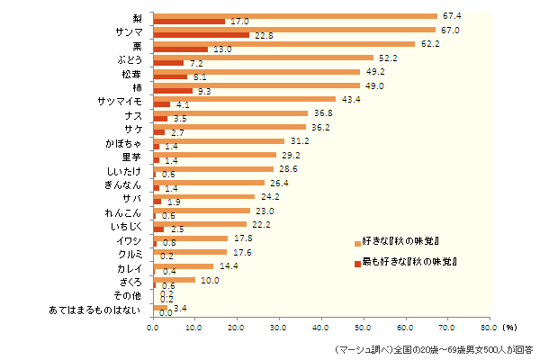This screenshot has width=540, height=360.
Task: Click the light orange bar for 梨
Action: pyautogui.click(x=295, y=16)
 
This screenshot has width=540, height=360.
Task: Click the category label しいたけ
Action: pyautogui.click(x=123, y=170)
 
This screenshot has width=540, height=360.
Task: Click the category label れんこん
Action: pyautogui.click(x=123, y=212)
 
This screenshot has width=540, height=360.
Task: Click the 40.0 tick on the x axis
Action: pyautogui.click(x=321, y=328)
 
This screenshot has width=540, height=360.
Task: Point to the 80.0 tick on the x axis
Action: pyautogui.click(x=489, y=328)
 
